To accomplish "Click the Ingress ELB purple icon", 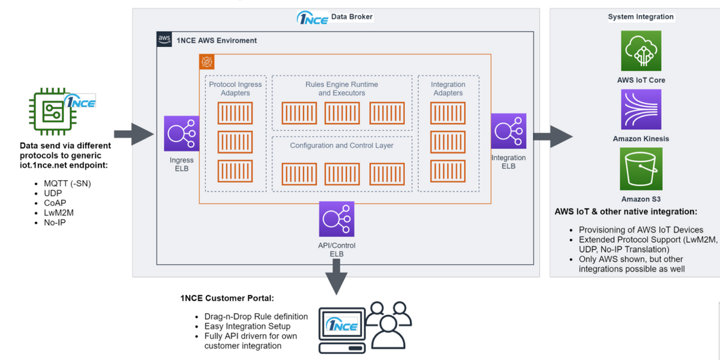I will [x=182, y=134].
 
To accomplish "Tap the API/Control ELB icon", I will [x=337, y=219].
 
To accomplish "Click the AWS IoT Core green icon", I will [x=641, y=51].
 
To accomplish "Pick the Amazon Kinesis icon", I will [x=641, y=110].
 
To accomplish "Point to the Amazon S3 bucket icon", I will [x=641, y=169].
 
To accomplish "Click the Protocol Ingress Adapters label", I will [x=235, y=89].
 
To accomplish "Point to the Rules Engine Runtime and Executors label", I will [x=341, y=89].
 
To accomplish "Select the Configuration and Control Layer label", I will [x=341, y=146].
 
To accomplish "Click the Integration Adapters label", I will [x=448, y=89].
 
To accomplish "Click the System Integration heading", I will [x=640, y=17].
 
